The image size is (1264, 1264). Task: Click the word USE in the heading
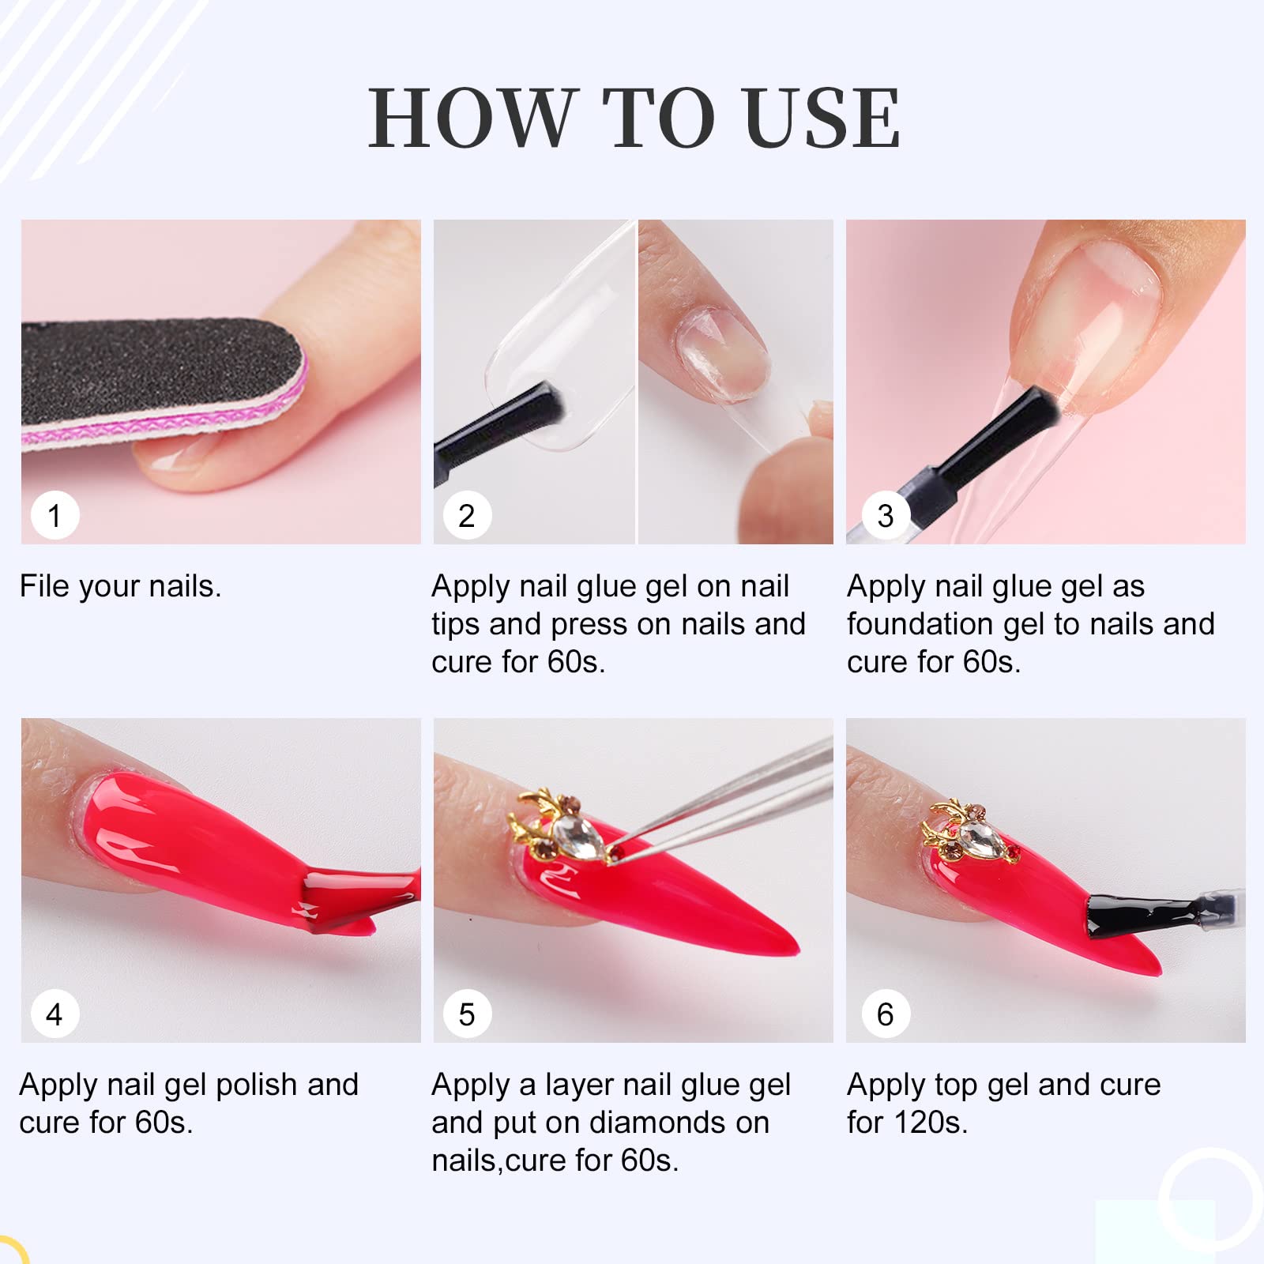pyautogui.click(x=822, y=118)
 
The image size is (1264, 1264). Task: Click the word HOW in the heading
pyautogui.click(x=472, y=118)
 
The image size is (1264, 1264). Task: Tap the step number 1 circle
pyautogui.click(x=55, y=516)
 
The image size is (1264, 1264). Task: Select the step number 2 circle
pyautogui.click(x=467, y=516)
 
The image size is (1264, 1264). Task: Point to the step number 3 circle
pyautogui.click(x=886, y=516)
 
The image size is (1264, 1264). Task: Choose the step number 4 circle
pyautogui.click(x=55, y=1014)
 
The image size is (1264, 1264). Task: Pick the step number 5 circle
pyautogui.click(x=467, y=1014)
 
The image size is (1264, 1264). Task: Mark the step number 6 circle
pyautogui.click(x=886, y=1014)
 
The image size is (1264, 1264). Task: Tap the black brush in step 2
pyautogui.click(x=498, y=427)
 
